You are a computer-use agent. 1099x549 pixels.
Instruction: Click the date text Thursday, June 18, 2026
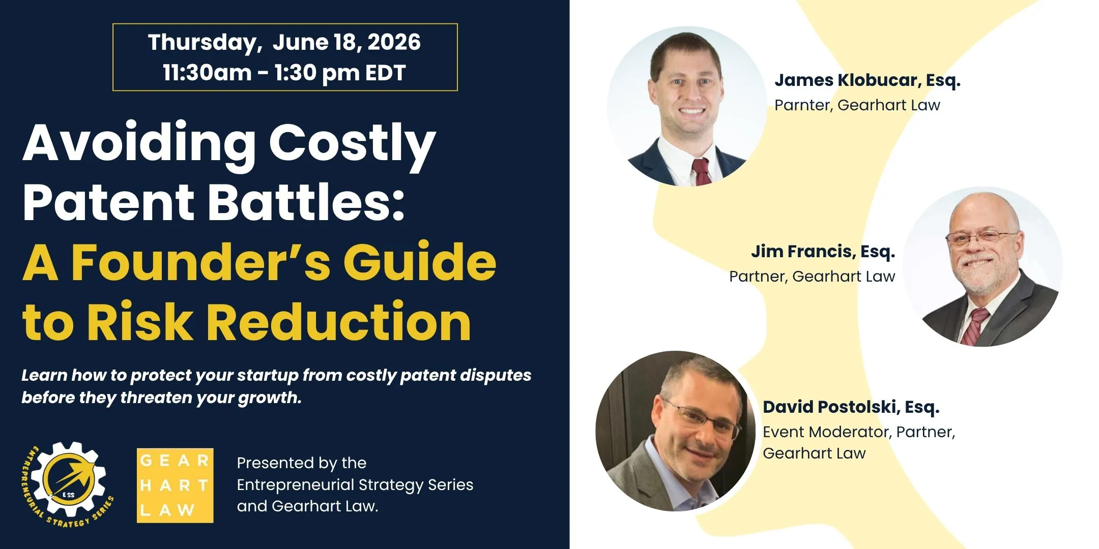point(284,42)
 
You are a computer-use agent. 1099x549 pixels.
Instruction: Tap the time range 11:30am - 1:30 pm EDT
point(284,73)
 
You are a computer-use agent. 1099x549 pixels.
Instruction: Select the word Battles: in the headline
point(306,202)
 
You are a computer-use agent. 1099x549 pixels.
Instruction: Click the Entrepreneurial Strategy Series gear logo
point(68,484)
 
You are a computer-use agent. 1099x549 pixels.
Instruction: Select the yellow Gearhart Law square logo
point(175,485)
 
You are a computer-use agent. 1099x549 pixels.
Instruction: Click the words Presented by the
point(302,463)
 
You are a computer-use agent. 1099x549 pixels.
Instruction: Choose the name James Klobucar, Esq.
point(867,81)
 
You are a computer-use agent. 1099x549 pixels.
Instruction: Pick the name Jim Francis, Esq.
point(823,252)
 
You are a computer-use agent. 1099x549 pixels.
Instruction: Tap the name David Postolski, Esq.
point(851,408)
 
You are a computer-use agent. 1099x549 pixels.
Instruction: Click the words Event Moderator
point(826,432)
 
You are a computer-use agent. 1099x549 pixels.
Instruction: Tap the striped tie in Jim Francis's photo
point(974,325)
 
